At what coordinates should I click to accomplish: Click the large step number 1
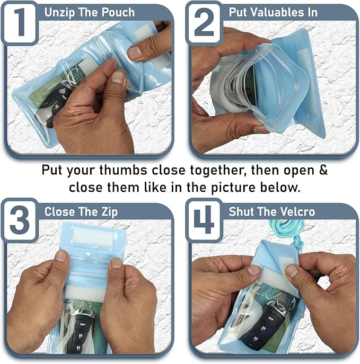coord(20,21)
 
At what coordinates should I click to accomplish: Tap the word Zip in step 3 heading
coord(108,212)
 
